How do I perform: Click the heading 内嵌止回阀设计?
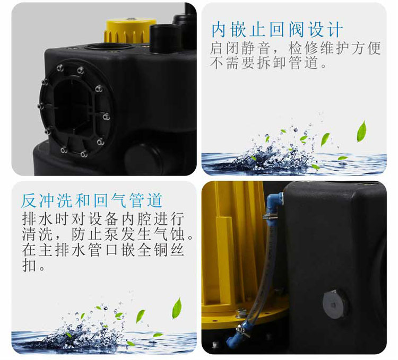click(x=277, y=30)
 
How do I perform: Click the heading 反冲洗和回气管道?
click(x=92, y=200)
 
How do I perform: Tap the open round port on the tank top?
click(x=109, y=47)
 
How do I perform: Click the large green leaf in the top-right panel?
click(x=362, y=131)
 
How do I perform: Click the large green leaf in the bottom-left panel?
click(x=177, y=308)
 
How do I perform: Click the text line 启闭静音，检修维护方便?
click(x=296, y=48)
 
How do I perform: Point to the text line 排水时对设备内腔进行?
click(x=103, y=219)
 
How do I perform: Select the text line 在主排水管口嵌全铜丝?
click(x=103, y=250)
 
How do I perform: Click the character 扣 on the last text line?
click(x=29, y=265)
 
